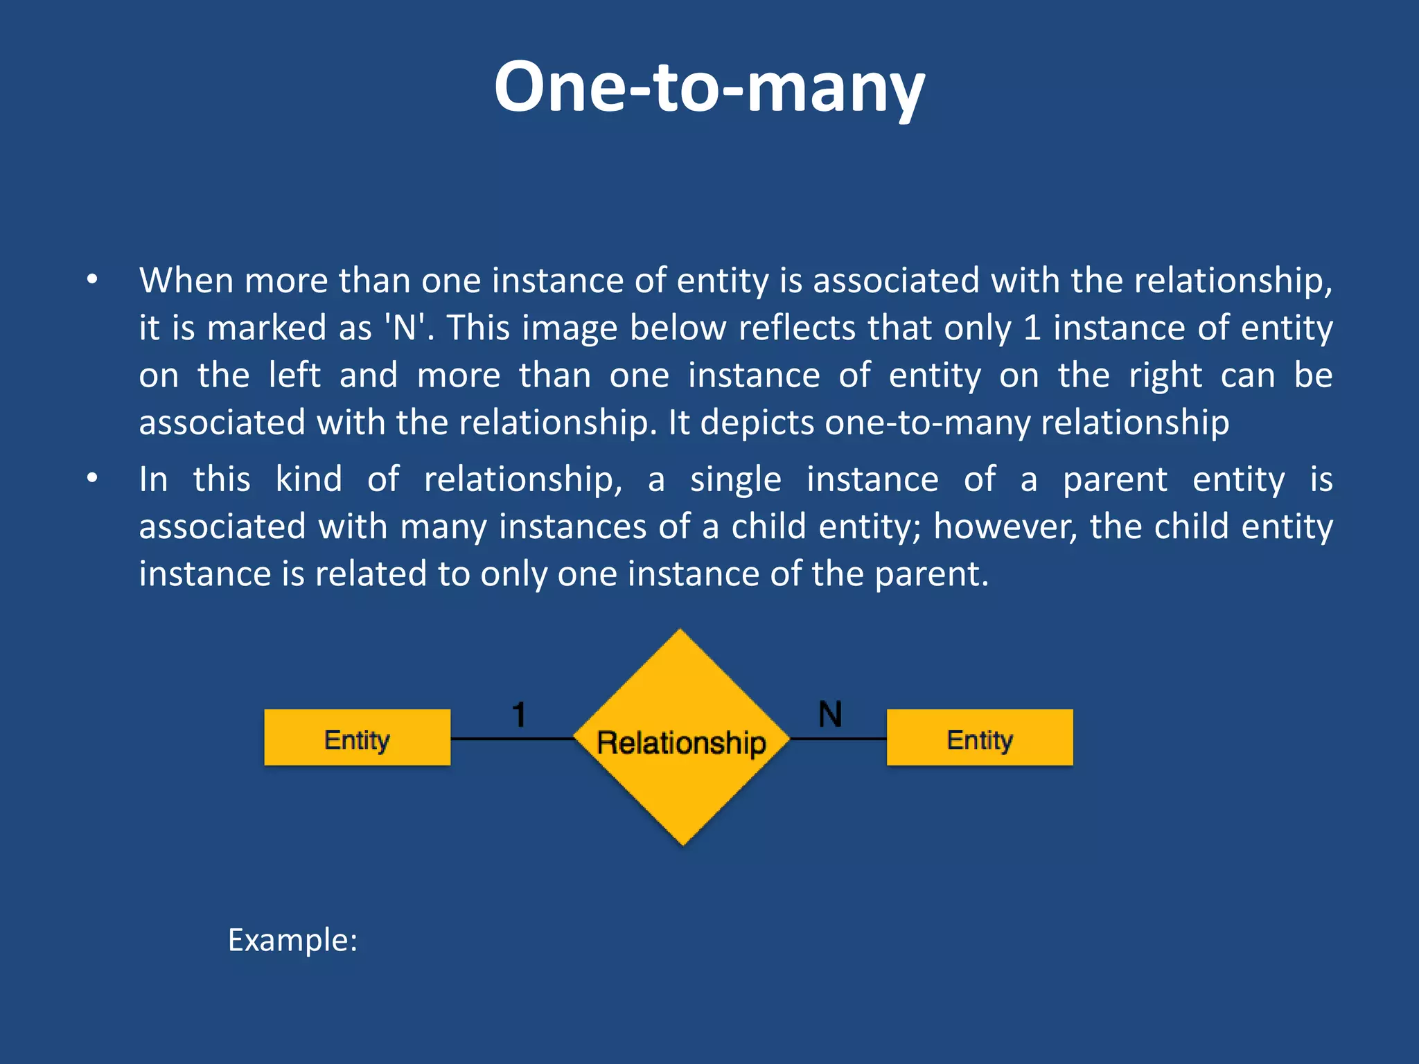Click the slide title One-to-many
click(x=709, y=87)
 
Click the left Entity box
click(x=357, y=738)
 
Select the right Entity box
click(x=980, y=738)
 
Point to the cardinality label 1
click(x=519, y=714)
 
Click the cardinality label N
click(x=830, y=714)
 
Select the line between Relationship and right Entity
click(x=838, y=739)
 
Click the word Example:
click(x=292, y=940)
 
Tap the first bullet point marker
click(x=92, y=281)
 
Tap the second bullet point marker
click(x=92, y=479)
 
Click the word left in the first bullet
click(x=294, y=375)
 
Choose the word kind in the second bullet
click(x=308, y=479)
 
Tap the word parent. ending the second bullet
click(x=931, y=574)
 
